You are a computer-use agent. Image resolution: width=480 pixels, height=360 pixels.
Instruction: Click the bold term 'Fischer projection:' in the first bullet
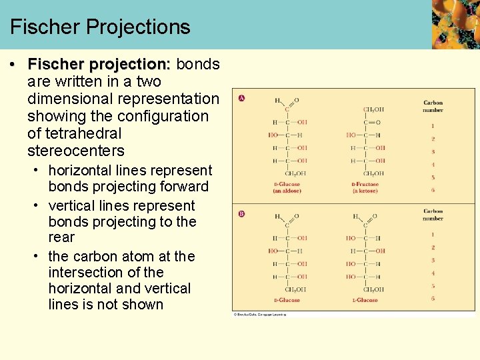[x=99, y=64]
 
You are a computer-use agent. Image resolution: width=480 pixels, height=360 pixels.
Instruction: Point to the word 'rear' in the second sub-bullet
[x=61, y=237]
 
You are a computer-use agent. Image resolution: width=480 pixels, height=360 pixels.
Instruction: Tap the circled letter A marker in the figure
[x=241, y=99]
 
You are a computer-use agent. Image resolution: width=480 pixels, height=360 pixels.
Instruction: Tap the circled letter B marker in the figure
[x=241, y=214]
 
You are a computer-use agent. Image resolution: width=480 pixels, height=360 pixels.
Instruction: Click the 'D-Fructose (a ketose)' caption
[x=365, y=187]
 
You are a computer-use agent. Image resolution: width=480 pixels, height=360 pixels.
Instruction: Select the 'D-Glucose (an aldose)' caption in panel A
[x=287, y=187]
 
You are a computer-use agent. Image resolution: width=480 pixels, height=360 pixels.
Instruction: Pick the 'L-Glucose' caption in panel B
[x=365, y=300]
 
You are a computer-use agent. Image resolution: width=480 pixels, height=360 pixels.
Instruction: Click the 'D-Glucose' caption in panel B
[x=287, y=300]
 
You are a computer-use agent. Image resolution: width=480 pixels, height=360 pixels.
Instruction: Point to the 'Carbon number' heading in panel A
[x=433, y=106]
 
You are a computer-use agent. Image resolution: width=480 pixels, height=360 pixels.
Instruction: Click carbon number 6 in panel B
[x=433, y=299]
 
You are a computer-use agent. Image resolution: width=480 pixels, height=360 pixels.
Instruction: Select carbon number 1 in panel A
[x=433, y=125]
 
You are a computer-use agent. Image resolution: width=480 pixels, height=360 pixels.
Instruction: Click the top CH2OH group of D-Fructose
[x=373, y=109]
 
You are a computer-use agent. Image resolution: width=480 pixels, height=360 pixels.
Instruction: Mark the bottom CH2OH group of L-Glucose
[x=373, y=289]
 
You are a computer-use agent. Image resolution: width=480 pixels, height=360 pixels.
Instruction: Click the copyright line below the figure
[x=260, y=314]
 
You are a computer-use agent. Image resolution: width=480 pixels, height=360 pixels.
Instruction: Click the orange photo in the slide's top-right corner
[x=455, y=24]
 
